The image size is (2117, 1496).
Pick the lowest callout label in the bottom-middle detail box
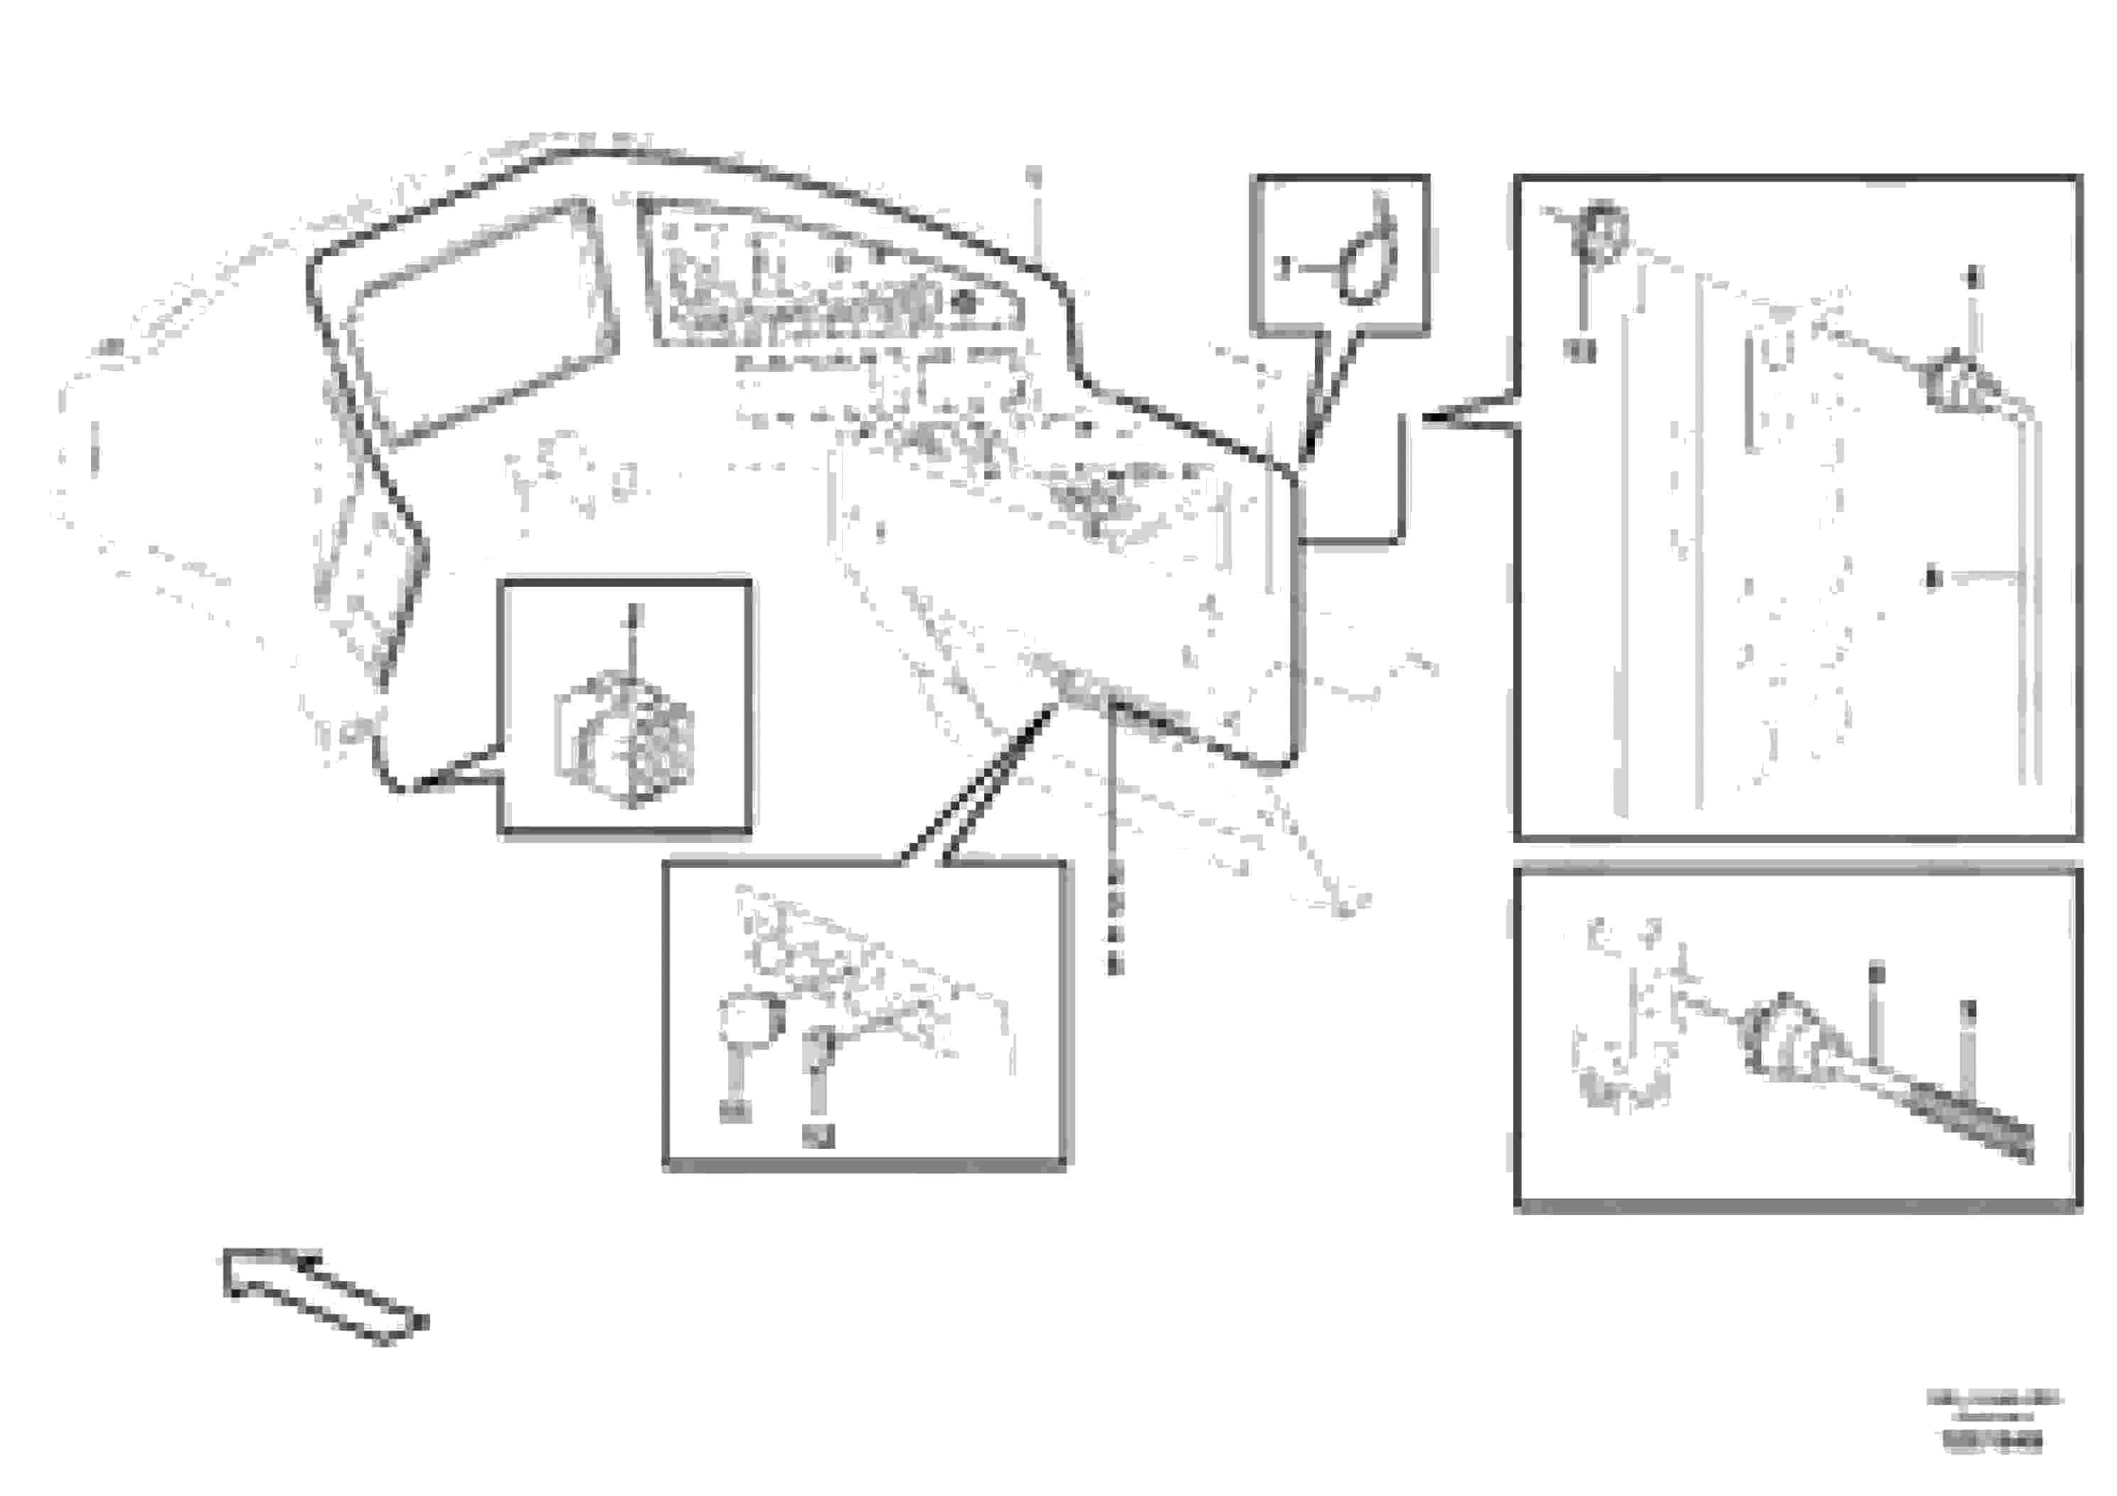pos(817,1135)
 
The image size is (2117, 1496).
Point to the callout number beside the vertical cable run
pos(1934,578)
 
